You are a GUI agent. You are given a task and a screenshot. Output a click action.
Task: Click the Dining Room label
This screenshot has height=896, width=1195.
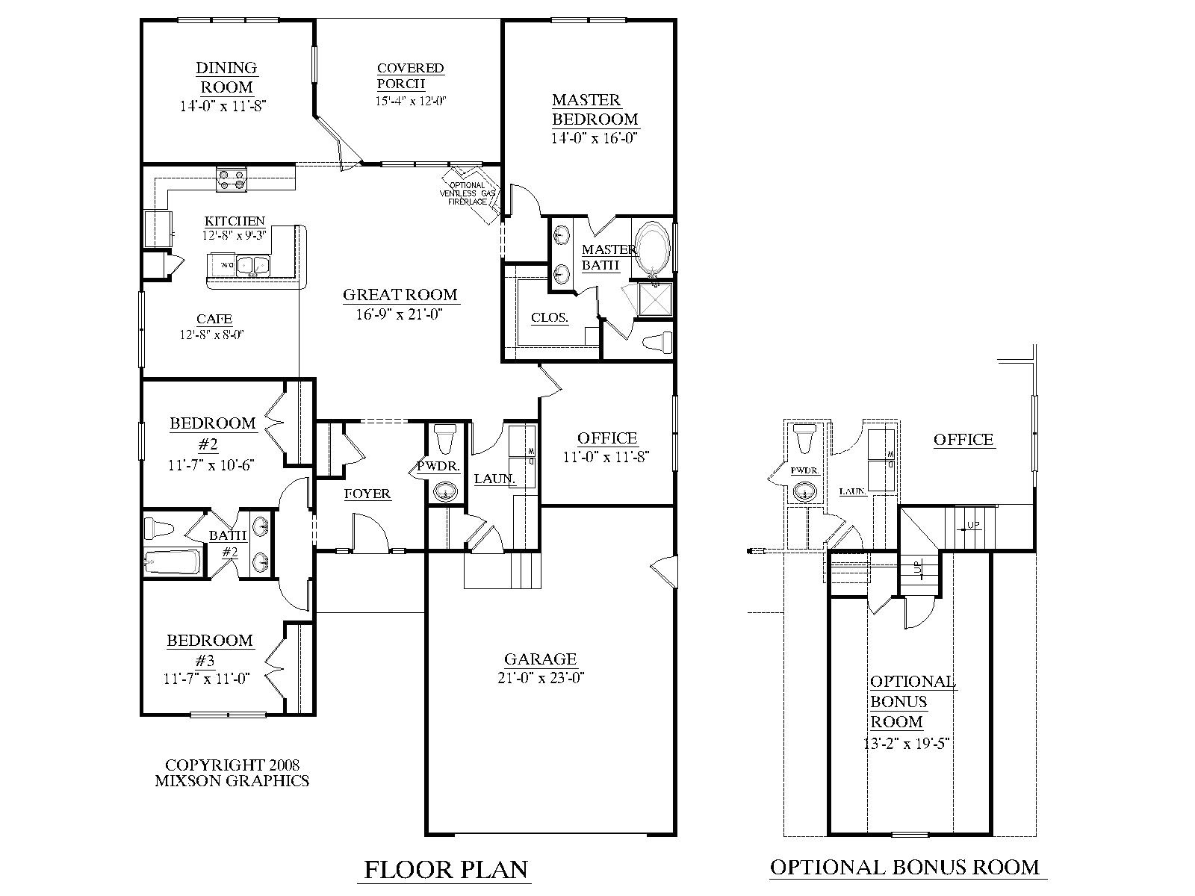226,77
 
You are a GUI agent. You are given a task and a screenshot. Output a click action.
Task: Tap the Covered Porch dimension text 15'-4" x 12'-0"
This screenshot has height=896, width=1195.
411,101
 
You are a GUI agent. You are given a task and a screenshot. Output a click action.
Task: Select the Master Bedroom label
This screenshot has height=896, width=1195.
595,109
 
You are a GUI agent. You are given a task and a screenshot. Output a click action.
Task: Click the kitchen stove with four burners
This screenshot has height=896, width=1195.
232,181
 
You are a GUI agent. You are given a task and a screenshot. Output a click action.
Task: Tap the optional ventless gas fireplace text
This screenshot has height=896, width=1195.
466,193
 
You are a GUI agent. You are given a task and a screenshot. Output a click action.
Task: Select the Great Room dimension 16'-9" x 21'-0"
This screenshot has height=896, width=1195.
400,314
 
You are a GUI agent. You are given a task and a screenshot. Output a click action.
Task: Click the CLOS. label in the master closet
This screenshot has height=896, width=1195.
550,317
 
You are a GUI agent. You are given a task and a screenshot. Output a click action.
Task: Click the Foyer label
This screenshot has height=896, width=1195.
367,494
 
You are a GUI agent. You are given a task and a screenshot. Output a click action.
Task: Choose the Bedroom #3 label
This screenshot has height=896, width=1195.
210,650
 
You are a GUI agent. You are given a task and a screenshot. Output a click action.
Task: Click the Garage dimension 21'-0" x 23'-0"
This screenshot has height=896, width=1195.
541,678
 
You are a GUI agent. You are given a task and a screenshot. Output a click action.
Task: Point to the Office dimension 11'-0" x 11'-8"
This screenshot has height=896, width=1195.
607,457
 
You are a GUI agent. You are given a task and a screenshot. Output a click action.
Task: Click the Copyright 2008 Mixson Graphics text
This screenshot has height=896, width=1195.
232,773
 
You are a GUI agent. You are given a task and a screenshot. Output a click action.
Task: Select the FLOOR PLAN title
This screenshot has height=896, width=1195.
446,849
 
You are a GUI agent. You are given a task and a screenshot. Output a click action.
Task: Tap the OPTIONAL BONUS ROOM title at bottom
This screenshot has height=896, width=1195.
904,847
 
